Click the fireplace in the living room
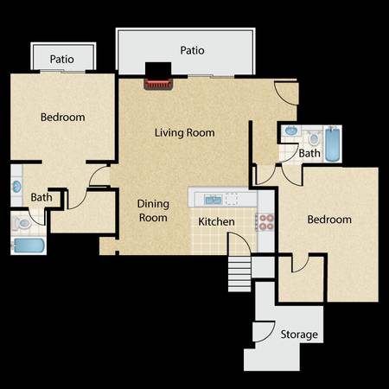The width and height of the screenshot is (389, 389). (158, 84)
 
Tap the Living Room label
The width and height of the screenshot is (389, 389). (185, 133)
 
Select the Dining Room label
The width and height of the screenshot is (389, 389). (153, 211)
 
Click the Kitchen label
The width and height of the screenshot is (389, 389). (216, 221)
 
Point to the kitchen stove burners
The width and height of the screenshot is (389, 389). (265, 222)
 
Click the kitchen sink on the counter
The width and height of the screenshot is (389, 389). (213, 199)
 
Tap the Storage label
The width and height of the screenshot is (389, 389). (299, 335)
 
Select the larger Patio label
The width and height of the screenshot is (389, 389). (192, 50)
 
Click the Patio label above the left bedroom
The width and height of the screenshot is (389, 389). (62, 60)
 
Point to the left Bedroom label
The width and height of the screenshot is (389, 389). (63, 118)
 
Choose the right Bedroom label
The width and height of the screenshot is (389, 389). (329, 220)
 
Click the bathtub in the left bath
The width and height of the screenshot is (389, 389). (29, 246)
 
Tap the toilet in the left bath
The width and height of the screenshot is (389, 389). (22, 224)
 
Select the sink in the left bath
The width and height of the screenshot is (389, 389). (17, 187)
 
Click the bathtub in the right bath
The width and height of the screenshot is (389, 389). (333, 144)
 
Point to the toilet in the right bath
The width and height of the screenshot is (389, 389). (314, 138)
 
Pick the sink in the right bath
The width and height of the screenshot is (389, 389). (291, 131)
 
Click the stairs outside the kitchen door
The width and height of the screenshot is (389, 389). (239, 274)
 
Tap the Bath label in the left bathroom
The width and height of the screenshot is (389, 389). (41, 198)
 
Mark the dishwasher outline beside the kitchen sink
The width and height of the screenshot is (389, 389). (232, 199)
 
